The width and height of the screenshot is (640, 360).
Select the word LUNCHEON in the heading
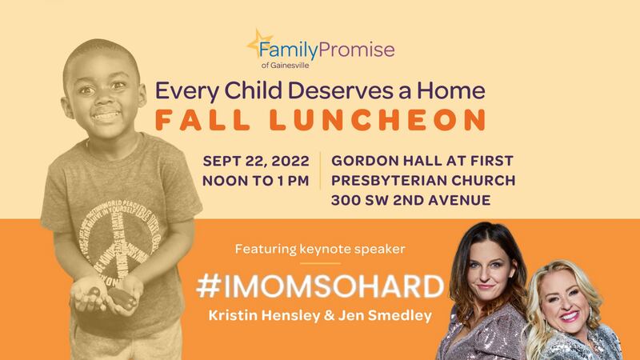[x=390, y=118]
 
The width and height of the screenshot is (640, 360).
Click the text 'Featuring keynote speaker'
[x=314, y=249]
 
